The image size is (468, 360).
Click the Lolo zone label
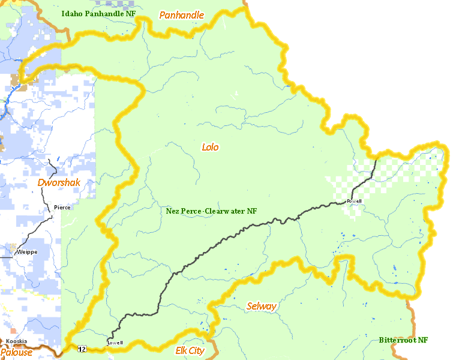pyautogui.click(x=210, y=147)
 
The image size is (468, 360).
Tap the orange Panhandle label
pyautogui.click(x=181, y=15)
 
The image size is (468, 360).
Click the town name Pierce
pyautogui.click(x=62, y=208)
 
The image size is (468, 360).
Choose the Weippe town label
pyautogui.click(x=27, y=252)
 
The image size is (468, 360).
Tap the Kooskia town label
pyautogui.click(x=16, y=341)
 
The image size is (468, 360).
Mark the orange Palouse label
pyautogui.click(x=16, y=352)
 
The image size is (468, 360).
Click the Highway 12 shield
pyautogui.click(x=80, y=349)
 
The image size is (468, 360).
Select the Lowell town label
pyautogui.click(x=115, y=343)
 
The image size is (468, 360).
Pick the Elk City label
pyautogui.click(x=190, y=350)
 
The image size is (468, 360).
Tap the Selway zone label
pyautogui.click(x=262, y=307)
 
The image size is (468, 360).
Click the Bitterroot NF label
pyautogui.click(x=403, y=340)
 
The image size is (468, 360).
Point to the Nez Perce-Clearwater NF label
pyautogui.click(x=211, y=211)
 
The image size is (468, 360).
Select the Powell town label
pyautogui.click(x=354, y=201)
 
